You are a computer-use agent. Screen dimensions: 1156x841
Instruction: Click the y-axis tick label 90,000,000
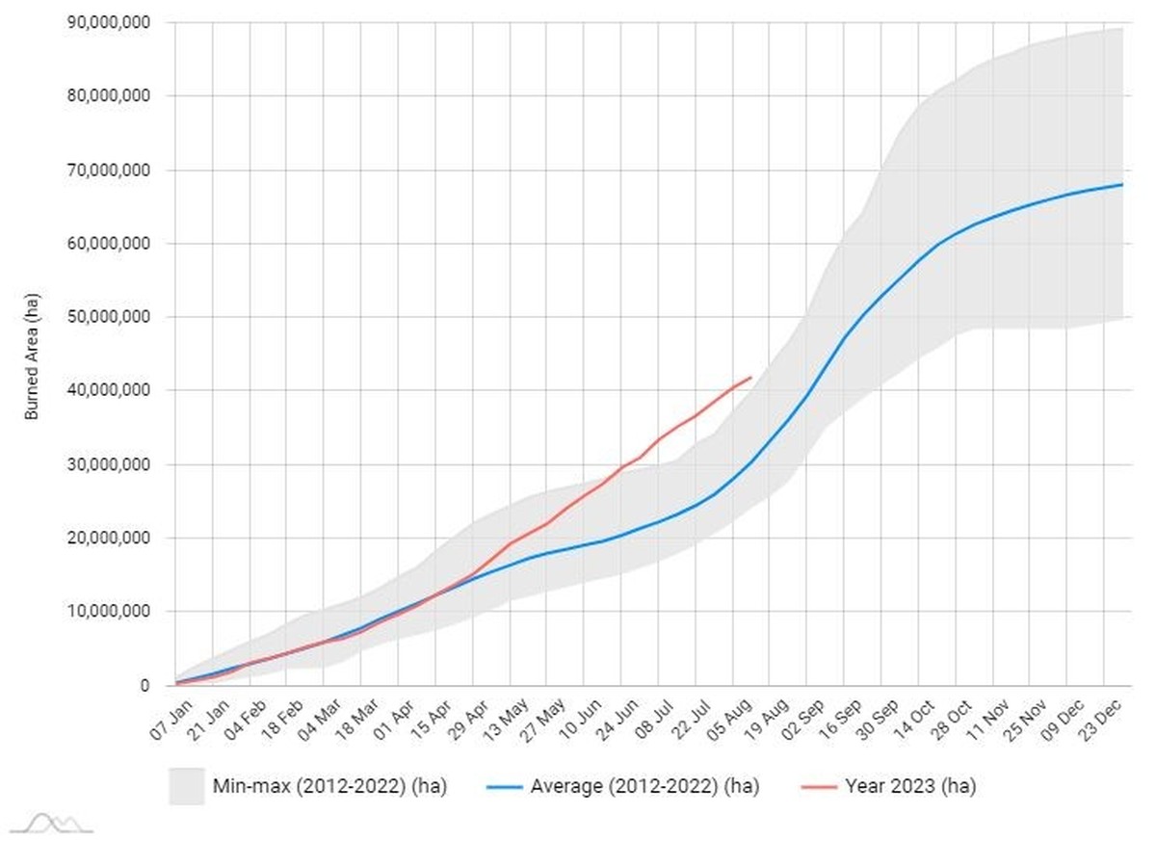pyautogui.click(x=109, y=22)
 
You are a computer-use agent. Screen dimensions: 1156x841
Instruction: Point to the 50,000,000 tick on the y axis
pyautogui.click(x=109, y=316)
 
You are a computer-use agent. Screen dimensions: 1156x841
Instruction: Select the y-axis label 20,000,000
pyautogui.click(x=109, y=538)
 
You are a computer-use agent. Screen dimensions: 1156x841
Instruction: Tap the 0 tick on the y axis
pyautogui.click(x=145, y=685)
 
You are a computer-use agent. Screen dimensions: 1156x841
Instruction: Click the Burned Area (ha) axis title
pyautogui.click(x=32, y=356)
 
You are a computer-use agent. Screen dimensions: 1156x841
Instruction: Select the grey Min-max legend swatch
pyautogui.click(x=187, y=786)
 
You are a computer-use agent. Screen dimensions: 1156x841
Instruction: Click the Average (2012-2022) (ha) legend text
pyautogui.click(x=644, y=786)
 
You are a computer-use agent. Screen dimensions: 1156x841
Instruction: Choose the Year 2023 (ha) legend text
pyautogui.click(x=910, y=786)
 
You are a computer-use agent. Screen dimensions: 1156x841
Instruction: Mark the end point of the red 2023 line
pyautogui.click(x=750, y=378)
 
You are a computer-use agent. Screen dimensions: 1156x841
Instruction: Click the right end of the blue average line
pyautogui.click(x=1122, y=184)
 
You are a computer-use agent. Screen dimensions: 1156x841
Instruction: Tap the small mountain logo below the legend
pyautogui.click(x=52, y=823)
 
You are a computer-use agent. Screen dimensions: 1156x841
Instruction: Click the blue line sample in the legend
pyautogui.click(x=504, y=787)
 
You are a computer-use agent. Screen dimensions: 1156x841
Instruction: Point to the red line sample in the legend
pyautogui.click(x=819, y=787)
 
